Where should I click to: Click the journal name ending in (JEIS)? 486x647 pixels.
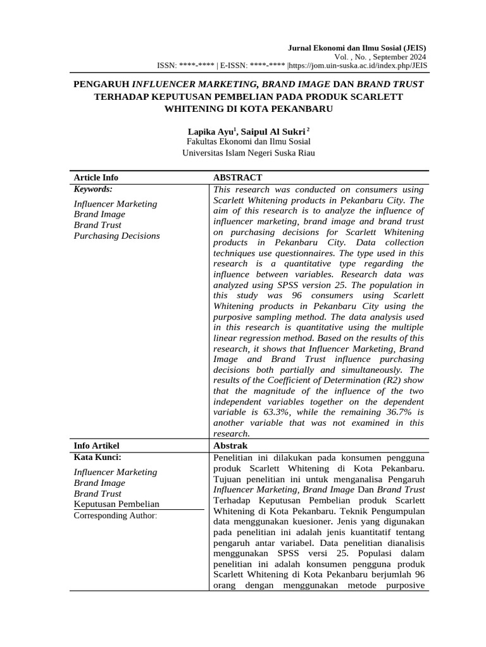click(357, 48)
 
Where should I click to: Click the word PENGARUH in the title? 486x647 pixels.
click(101, 84)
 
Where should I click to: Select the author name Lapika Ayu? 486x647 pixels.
click(211, 131)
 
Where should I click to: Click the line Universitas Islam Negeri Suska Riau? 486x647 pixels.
click(248, 153)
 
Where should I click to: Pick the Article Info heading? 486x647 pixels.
click(96, 178)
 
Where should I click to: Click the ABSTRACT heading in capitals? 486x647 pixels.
click(237, 178)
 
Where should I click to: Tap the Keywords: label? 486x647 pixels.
click(93, 189)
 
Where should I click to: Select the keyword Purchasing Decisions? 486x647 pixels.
click(117, 236)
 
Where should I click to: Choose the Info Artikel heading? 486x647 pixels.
click(96, 446)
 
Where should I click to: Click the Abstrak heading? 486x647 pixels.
click(232, 446)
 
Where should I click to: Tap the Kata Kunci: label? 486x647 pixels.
click(97, 457)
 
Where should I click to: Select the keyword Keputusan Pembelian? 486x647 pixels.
click(116, 504)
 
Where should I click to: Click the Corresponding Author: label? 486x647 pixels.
click(115, 516)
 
